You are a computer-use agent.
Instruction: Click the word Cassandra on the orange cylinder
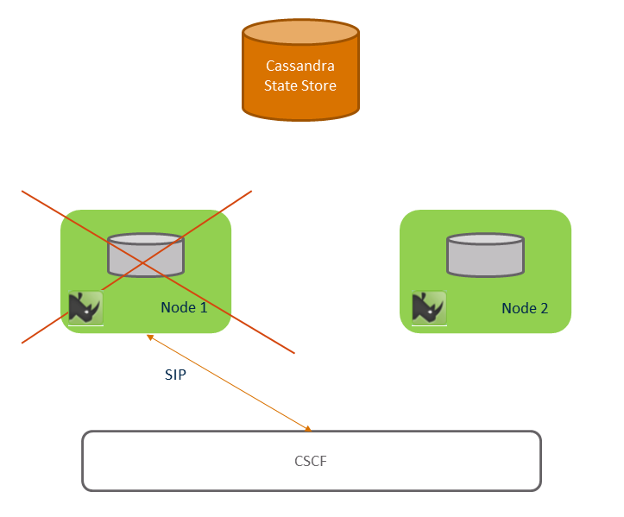click(x=300, y=66)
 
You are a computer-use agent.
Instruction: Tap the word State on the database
click(x=280, y=85)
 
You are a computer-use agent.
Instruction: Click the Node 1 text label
click(x=184, y=306)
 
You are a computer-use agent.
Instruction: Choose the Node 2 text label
click(x=525, y=307)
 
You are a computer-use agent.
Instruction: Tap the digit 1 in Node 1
click(x=204, y=306)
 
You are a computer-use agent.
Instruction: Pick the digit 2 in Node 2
click(x=545, y=307)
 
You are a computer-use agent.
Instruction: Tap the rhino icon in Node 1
click(x=85, y=307)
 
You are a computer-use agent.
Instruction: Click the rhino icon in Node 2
click(x=428, y=307)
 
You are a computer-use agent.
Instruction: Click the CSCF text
click(x=311, y=461)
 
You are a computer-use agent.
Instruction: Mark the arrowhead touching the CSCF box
click(x=306, y=427)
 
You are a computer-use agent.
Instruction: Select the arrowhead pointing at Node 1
click(x=150, y=337)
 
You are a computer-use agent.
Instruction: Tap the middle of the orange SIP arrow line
click(x=228, y=382)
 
